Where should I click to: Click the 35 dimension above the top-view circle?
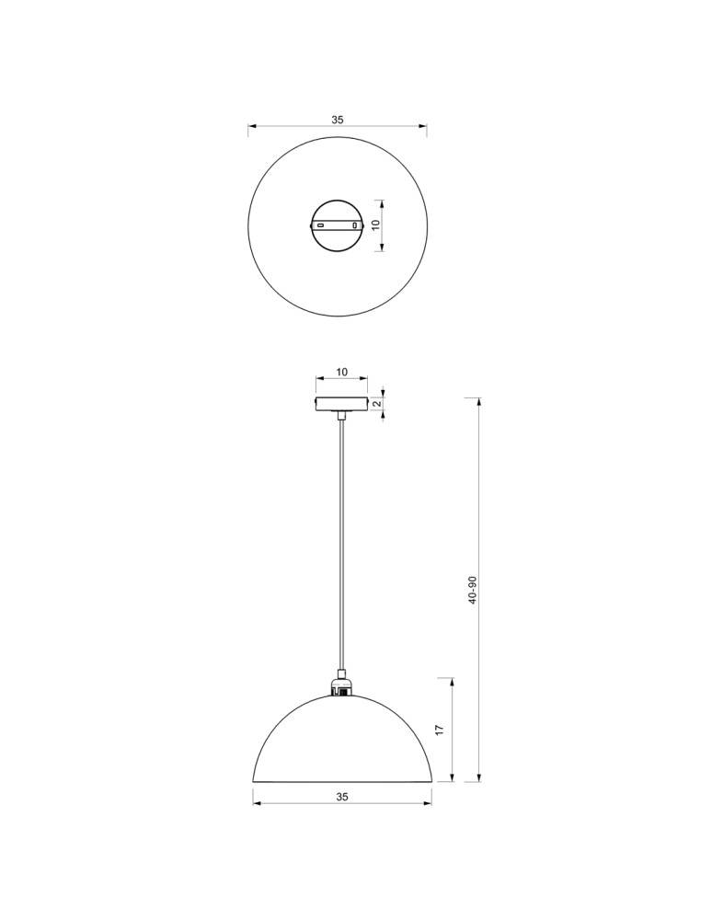(338, 120)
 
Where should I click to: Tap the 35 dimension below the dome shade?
(342, 795)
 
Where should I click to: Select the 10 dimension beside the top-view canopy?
(375, 224)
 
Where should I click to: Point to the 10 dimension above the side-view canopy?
(341, 372)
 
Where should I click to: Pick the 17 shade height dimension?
(440, 730)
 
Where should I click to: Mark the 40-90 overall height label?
(473, 590)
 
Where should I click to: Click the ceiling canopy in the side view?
(341, 404)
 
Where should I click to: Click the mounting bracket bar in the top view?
(338, 224)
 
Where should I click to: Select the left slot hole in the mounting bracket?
(320, 224)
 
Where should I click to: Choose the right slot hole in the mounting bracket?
(355, 224)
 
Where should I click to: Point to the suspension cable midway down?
(341, 552)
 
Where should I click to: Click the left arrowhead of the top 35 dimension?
(251, 127)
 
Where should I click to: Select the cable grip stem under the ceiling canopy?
(341, 417)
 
